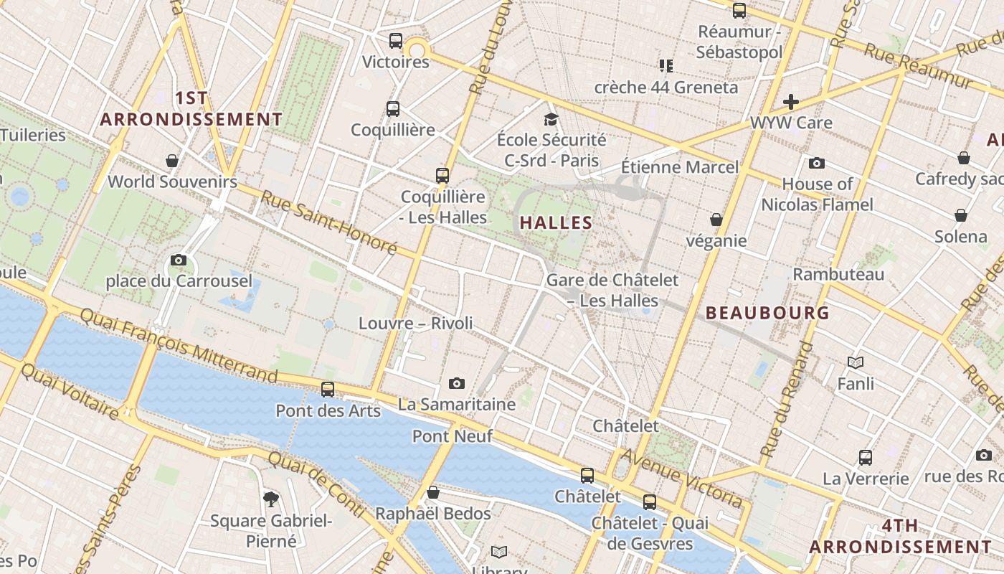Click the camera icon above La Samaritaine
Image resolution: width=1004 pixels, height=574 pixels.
coord(457,384)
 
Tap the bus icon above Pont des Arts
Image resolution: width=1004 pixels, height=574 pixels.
coord(328,390)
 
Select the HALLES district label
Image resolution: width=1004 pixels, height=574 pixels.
coord(556,222)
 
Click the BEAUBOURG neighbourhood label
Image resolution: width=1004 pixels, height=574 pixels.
coord(767,313)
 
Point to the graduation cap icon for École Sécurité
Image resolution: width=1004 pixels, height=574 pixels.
coord(551,119)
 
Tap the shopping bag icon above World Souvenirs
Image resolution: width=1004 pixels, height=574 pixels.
coord(172,160)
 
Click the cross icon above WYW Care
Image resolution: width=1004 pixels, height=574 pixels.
coord(791,102)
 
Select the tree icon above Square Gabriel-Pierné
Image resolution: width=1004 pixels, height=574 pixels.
coord(271,499)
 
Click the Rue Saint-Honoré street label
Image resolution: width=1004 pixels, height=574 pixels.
coord(328,222)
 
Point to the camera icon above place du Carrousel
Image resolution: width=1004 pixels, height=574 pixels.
coord(179,260)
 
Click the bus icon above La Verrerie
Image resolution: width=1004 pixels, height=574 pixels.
coord(866,457)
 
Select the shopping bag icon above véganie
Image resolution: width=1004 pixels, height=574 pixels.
coord(716,220)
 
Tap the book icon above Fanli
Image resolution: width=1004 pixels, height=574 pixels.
coord(855,362)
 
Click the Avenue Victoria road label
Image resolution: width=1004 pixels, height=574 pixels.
coord(681,478)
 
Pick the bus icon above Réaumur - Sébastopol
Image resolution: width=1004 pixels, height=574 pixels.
coord(739,11)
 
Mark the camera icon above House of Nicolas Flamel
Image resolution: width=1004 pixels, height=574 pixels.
coord(816,163)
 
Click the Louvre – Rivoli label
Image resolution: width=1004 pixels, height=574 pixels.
coord(416,323)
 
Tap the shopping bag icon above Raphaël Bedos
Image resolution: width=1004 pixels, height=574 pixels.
coord(432,492)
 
